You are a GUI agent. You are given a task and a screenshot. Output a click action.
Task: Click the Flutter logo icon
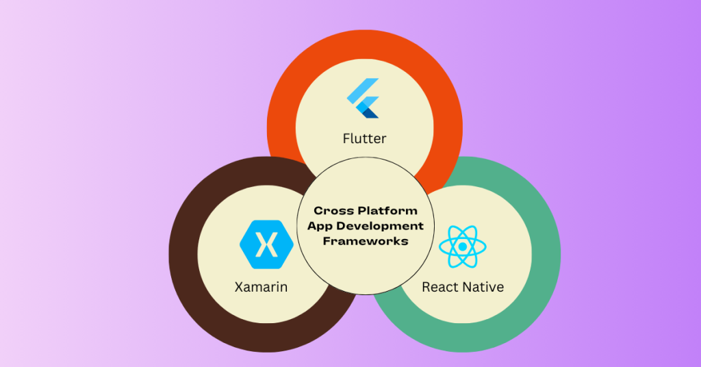pyautogui.click(x=364, y=99)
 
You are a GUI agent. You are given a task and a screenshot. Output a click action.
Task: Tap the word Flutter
pyautogui.click(x=364, y=139)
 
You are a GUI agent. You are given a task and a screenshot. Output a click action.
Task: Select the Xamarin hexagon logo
pyautogui.click(x=266, y=244)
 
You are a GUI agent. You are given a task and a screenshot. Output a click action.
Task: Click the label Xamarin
pyautogui.click(x=261, y=287)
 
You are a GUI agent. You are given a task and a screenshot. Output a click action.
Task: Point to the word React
pyautogui.click(x=439, y=287)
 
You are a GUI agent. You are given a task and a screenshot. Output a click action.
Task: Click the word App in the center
pyautogui.click(x=318, y=227)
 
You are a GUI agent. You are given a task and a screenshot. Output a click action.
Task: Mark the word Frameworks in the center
pyautogui.click(x=365, y=241)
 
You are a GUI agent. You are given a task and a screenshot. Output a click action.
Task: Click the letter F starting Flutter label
pyautogui.click(x=346, y=139)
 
